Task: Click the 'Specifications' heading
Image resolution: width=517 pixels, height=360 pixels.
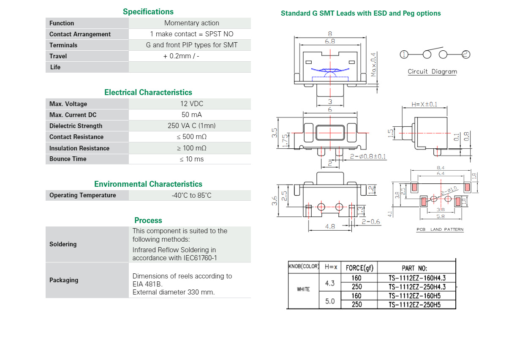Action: (148, 11)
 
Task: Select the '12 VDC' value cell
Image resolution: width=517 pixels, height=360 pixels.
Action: (192, 104)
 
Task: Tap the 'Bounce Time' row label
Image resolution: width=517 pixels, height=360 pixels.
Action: (68, 159)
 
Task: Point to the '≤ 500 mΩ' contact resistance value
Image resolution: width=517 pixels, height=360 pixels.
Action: (192, 137)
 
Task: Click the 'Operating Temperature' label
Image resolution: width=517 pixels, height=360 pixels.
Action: (83, 195)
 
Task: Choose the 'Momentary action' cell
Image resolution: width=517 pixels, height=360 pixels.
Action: (192, 23)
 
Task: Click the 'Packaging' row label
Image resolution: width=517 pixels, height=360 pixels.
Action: (64, 280)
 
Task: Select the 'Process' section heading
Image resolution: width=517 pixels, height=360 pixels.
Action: (148, 220)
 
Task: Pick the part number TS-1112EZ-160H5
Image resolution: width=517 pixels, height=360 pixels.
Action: (414, 296)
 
